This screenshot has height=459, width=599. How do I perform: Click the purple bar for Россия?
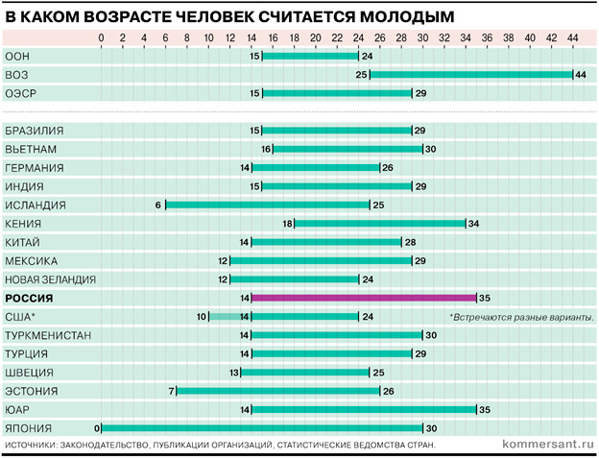364,298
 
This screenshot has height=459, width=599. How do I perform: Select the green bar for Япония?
262,428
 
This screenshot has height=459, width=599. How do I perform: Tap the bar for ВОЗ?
471,75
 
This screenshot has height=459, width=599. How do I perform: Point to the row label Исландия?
36,205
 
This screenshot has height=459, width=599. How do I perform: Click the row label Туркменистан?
48,335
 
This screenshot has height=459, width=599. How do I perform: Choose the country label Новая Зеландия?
51,279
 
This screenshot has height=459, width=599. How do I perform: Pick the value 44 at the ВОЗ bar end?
581,75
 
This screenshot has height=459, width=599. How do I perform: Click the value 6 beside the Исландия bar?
158,205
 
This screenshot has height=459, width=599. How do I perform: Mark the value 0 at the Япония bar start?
96,428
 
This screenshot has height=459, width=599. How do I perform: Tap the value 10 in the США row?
202,317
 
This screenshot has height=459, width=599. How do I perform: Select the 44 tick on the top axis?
573,38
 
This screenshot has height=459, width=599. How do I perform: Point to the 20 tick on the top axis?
316,38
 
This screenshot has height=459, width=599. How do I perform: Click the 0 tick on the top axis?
102,38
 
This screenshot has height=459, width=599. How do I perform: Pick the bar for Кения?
380,224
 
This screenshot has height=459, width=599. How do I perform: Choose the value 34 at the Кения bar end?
473,224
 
